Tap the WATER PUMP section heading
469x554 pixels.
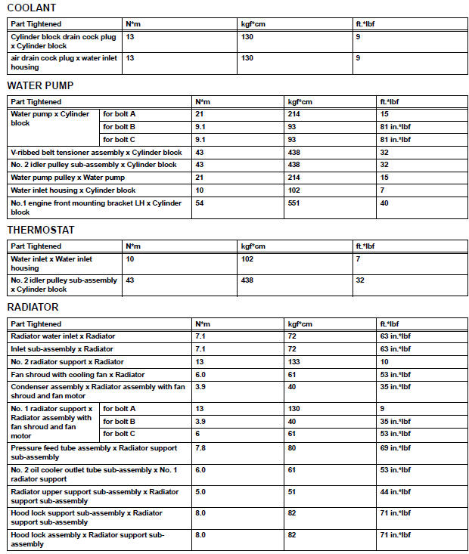pos(40,85)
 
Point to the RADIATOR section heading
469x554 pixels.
pos(33,308)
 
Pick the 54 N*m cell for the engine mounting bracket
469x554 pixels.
pos(200,203)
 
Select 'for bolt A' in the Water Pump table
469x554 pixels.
pos(119,114)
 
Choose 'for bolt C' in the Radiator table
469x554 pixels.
pos(119,433)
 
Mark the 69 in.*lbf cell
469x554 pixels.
pos(395,447)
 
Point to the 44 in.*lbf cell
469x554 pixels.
pos(395,491)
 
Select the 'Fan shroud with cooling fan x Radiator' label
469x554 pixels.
pos(77,374)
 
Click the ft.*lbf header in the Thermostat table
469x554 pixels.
pos(365,246)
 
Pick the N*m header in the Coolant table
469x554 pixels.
pos(133,23)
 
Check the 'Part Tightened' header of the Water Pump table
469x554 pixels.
pos(36,102)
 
